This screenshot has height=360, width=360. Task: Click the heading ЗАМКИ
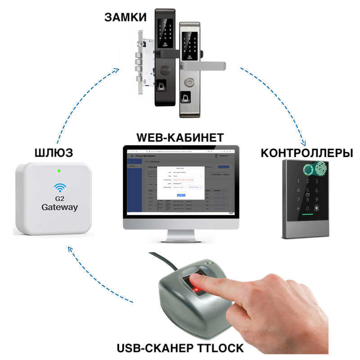pos(126,17)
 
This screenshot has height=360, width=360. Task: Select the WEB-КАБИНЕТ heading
pos(180,136)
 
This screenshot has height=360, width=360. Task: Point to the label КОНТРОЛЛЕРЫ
pos(306,153)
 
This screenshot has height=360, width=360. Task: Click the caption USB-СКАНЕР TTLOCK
pos(180,347)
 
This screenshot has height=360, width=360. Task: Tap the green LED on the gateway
pos(59,171)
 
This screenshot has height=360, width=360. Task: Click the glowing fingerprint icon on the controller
pos(320,170)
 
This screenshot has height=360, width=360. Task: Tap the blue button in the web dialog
pos(180,195)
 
